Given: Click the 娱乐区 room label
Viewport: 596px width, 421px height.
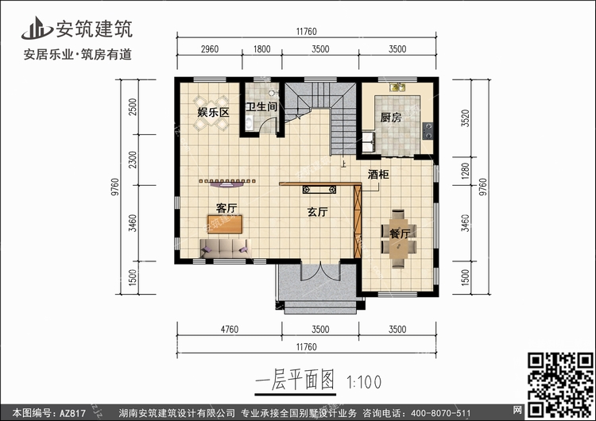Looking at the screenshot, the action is click(x=213, y=113).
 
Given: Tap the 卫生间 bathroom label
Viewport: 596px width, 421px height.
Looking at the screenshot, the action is click(x=261, y=106).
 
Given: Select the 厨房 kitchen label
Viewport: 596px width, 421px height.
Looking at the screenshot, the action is click(x=391, y=118).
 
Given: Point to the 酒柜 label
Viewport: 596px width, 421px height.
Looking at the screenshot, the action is click(x=378, y=175).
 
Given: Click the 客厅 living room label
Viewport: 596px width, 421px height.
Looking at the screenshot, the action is click(x=226, y=208).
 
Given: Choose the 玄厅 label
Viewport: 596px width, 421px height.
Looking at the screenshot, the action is click(x=317, y=212).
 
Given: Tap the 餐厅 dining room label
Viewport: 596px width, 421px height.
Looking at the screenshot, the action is click(x=400, y=234).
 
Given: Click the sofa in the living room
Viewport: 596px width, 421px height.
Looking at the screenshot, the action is click(x=226, y=249).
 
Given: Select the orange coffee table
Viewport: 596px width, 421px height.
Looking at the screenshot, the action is click(x=225, y=224).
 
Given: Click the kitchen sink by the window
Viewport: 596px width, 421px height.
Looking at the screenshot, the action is click(x=397, y=87).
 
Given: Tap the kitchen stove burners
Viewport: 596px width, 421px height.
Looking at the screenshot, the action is click(x=428, y=131).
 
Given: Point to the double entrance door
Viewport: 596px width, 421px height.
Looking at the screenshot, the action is click(x=320, y=271).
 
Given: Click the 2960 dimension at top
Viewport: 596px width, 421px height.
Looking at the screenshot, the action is click(x=210, y=49).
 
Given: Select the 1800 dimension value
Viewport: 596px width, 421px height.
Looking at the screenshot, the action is click(x=262, y=49).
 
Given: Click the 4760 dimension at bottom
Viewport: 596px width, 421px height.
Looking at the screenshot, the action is click(x=230, y=329).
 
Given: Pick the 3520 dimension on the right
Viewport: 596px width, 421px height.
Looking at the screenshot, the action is click(x=465, y=118).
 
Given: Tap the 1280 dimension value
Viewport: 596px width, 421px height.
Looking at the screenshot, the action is click(x=465, y=172).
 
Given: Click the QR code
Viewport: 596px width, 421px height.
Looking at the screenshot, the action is click(x=560, y=384).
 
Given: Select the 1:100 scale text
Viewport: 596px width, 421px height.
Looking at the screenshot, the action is click(x=363, y=382).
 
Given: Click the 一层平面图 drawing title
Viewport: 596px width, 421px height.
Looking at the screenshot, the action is click(x=295, y=380).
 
